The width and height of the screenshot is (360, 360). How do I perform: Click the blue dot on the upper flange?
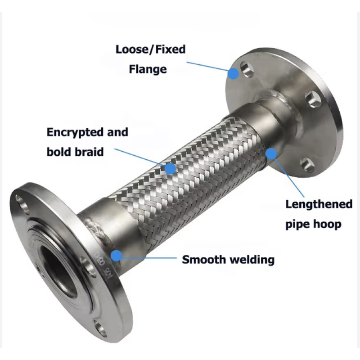[x=234, y=74]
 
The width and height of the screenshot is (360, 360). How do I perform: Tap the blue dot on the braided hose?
[x=171, y=168]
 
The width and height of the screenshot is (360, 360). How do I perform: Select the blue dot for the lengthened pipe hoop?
[x=271, y=153]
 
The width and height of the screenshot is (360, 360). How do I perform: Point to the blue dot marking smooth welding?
[x=117, y=256]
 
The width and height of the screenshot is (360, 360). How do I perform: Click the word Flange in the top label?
[x=148, y=69]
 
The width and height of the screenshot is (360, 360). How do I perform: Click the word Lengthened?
[x=319, y=204]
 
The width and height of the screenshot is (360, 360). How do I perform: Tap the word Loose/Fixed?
[x=151, y=49]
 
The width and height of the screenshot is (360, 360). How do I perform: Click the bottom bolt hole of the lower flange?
[x=100, y=329]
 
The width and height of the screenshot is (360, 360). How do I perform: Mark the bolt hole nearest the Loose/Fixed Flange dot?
[x=247, y=69]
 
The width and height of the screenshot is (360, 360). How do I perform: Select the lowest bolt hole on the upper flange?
[x=307, y=164]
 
